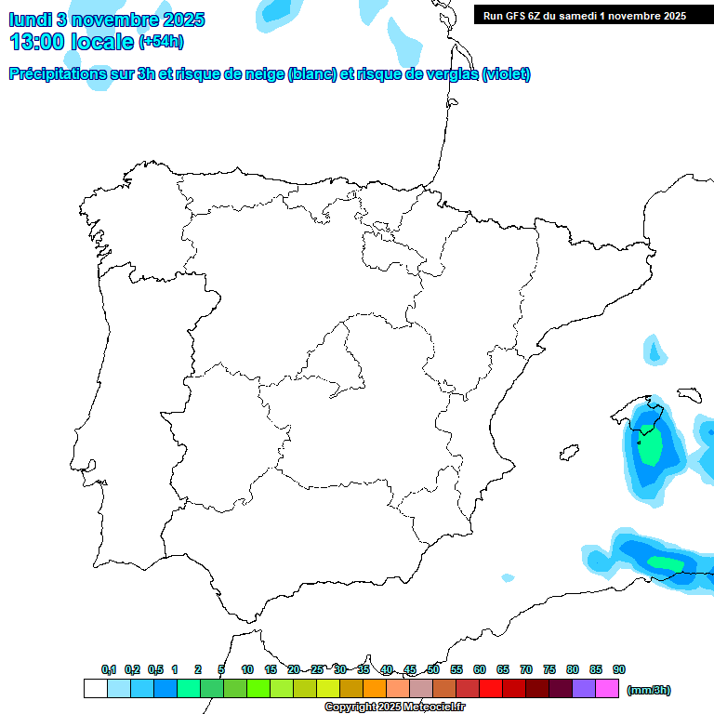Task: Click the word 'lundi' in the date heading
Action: pyautogui.click(x=31, y=20)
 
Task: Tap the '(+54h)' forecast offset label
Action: pyautogui.click(x=161, y=42)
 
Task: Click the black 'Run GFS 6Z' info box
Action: pyautogui.click(x=584, y=15)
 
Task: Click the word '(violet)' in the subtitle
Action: pyautogui.click(x=507, y=74)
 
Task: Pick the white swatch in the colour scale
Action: pyautogui.click(x=95, y=688)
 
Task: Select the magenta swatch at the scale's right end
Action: pyautogui.click(x=607, y=688)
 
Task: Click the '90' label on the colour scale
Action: pyautogui.click(x=619, y=669)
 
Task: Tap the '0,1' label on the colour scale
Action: pyautogui.click(x=109, y=669)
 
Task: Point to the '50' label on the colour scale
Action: pyautogui.click(x=433, y=669)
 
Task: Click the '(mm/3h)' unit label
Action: pyautogui.click(x=649, y=690)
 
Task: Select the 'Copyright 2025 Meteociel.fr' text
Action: pyautogui.click(x=394, y=707)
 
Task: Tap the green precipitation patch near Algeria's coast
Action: pyautogui.click(x=666, y=562)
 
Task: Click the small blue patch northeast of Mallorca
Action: pyautogui.click(x=655, y=351)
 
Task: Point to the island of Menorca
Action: pyautogui.click(x=691, y=394)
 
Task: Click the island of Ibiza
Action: pyautogui.click(x=566, y=453)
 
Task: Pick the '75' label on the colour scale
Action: pyautogui.click(x=549, y=669)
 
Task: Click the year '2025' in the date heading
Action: pyautogui.click(x=176, y=20)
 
